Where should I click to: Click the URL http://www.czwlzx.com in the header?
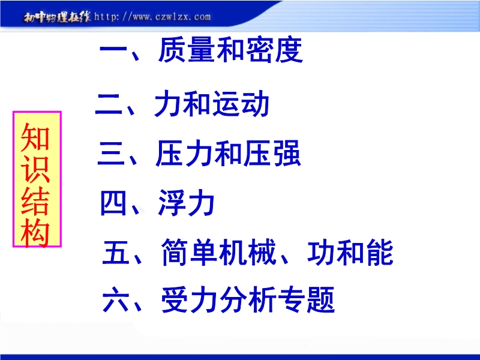click(x=152, y=17)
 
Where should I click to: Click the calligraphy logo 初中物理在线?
click(x=57, y=17)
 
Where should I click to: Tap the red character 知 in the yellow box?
click(x=35, y=138)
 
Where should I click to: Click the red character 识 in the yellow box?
click(x=35, y=170)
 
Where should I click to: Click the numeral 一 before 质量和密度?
click(x=113, y=49)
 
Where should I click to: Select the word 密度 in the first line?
click(x=274, y=50)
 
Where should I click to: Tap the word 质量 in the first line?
click(x=187, y=50)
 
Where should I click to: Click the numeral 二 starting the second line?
click(x=109, y=104)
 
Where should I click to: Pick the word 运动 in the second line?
click(x=241, y=104)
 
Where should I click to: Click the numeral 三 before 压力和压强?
click(x=111, y=154)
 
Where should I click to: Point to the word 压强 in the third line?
click(x=272, y=154)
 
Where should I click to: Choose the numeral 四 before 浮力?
click(x=113, y=203)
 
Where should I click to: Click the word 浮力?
click(x=186, y=203)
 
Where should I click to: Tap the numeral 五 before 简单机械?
click(x=115, y=253)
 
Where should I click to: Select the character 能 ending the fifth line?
click(x=380, y=252)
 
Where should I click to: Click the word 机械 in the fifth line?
click(x=247, y=252)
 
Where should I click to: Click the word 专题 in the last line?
click(x=307, y=299)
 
